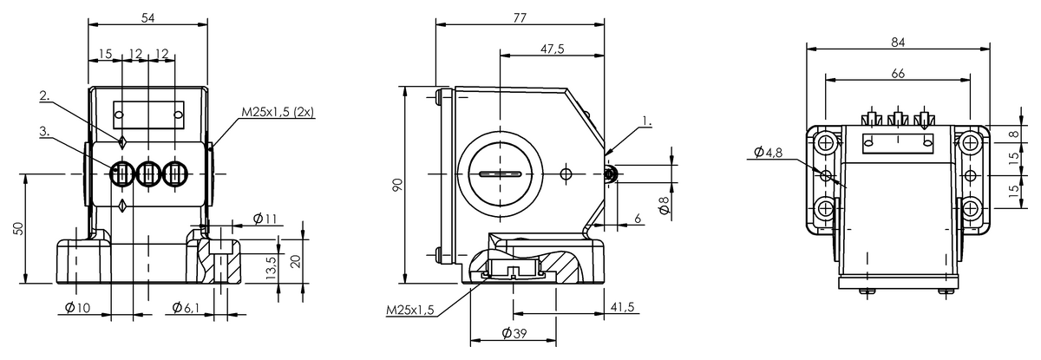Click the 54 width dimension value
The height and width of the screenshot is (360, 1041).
(147, 18)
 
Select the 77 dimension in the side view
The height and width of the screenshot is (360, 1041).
(520, 17)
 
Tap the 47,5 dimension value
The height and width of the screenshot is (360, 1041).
(552, 49)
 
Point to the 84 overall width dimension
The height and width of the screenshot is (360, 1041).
(898, 43)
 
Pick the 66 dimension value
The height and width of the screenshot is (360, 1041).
(898, 74)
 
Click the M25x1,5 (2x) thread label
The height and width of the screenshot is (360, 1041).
(278, 112)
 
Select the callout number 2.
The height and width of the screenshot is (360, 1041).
(44, 95)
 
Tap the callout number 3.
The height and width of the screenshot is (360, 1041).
(44, 132)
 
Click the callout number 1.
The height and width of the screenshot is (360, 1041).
(647, 121)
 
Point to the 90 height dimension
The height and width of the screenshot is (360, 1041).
(397, 185)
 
